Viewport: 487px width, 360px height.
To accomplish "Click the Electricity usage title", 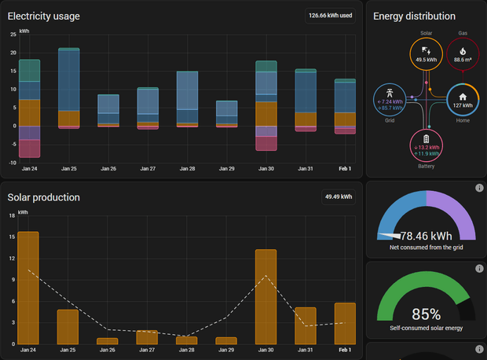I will tap(43, 16).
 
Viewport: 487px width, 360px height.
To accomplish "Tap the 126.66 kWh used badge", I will tap(330, 15).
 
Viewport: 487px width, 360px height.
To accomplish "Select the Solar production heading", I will tap(43, 197).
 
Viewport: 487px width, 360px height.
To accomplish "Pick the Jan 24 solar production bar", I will tap(28, 287).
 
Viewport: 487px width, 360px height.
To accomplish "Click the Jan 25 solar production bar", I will tap(68, 326).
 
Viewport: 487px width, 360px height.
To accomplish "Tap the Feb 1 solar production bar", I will tap(345, 323).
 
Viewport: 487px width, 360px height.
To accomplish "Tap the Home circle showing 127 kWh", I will tap(463, 99).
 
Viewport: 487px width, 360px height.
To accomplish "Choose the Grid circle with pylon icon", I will tap(390, 99).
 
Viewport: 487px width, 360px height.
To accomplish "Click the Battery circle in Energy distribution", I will tap(426, 146).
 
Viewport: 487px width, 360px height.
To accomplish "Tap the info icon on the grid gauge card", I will tap(479, 188).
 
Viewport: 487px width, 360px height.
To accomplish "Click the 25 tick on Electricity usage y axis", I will tap(13, 35).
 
